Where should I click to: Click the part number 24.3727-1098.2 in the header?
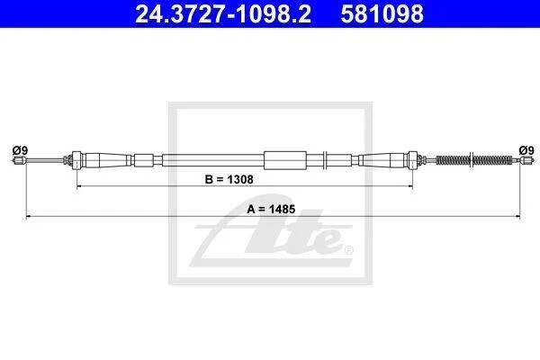(x=223, y=13)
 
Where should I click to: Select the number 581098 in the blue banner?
(x=382, y=13)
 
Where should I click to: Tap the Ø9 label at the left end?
(x=20, y=150)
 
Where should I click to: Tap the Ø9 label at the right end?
(x=526, y=150)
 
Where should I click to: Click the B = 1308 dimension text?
(x=229, y=179)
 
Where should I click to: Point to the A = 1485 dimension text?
(x=271, y=209)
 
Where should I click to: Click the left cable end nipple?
(x=19, y=160)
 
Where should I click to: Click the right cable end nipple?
(x=524, y=160)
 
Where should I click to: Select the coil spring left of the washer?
(x=453, y=160)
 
